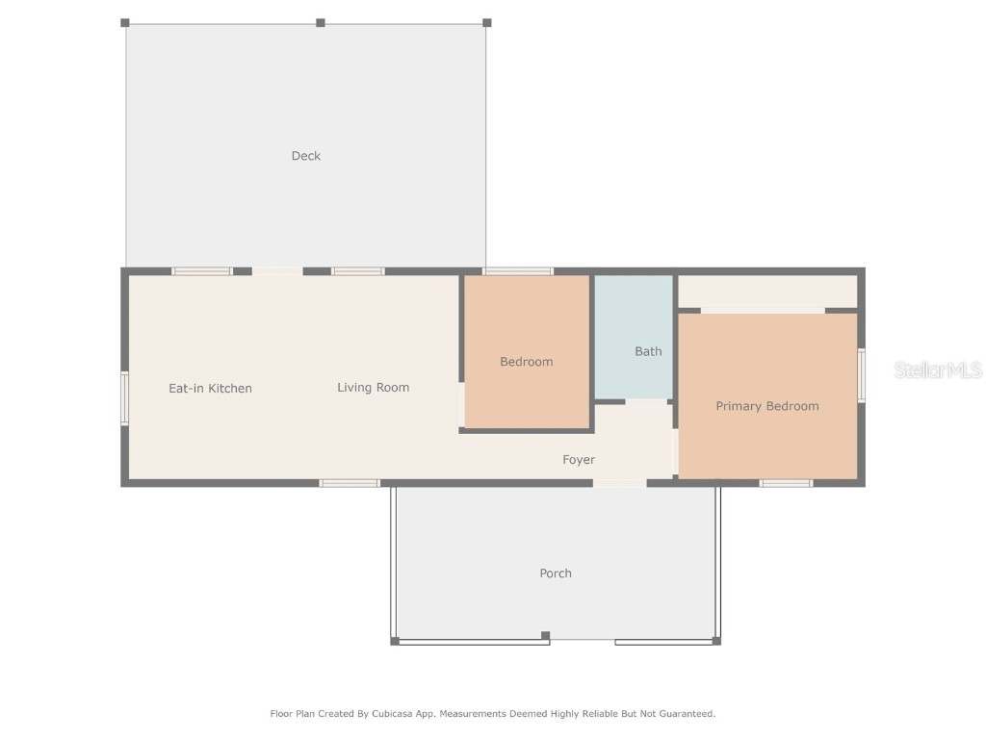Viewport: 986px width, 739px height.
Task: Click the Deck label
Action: point(306,156)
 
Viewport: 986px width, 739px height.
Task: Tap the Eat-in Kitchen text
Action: point(210,389)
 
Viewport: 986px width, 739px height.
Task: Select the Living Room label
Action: point(373,388)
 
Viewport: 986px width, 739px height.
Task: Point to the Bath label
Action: point(648,351)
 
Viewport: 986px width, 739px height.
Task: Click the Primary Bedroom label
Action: point(766,406)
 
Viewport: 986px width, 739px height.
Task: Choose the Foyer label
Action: point(579,460)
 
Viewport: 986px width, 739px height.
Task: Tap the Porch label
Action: point(555,573)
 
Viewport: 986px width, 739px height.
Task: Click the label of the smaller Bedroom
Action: point(526,362)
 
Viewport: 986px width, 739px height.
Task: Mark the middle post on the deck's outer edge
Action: point(321,22)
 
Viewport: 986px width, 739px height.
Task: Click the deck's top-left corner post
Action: point(125,22)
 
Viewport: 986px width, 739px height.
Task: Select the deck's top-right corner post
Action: point(486,22)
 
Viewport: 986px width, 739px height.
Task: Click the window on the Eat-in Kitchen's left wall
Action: point(124,398)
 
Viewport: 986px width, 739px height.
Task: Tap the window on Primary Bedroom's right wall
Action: point(861,375)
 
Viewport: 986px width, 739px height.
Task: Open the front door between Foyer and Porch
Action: point(619,483)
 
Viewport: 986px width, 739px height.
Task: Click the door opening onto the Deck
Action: point(277,271)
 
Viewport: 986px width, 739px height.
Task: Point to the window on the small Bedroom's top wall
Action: point(518,271)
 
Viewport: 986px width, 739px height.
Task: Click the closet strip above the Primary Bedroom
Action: point(767,292)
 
